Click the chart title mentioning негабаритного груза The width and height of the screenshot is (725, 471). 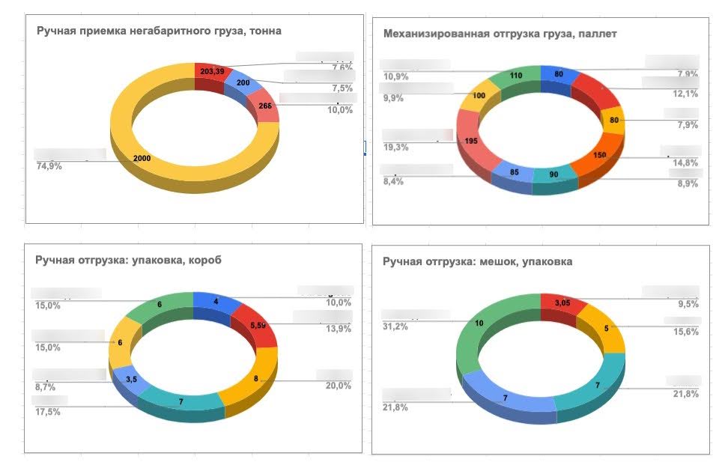pyautogui.click(x=160, y=31)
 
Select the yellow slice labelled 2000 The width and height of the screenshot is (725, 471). pyautogui.click(x=142, y=159)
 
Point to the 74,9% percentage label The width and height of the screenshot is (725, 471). pyautogui.click(x=49, y=166)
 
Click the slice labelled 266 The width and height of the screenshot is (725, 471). pyautogui.click(x=263, y=106)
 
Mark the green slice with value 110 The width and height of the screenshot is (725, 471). pyautogui.click(x=515, y=75)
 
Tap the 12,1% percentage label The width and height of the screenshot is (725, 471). pyautogui.click(x=686, y=94)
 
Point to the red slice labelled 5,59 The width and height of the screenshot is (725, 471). pyautogui.click(x=256, y=326)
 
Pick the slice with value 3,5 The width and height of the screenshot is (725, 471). pyautogui.click(x=130, y=380)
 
